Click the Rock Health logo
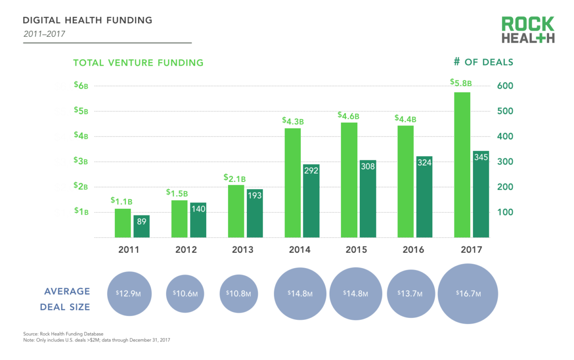pyautogui.click(x=528, y=30)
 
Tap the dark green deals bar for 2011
pyautogui.click(x=142, y=226)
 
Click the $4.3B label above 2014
pyautogui.click(x=293, y=121)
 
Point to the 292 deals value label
pyautogui.click(x=311, y=171)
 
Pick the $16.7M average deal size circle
pyautogui.click(x=468, y=293)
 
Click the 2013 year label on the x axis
pyautogui.click(x=243, y=249)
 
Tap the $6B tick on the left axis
pyautogui.click(x=81, y=86)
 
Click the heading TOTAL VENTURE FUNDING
pyautogui.click(x=138, y=63)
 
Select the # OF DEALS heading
pyautogui.click(x=483, y=62)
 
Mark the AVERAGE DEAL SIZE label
pyautogui.click(x=67, y=299)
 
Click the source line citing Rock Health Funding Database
pyautogui.click(x=63, y=334)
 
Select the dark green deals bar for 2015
pyautogui.click(x=368, y=198)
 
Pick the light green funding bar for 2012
pyautogui.click(x=179, y=218)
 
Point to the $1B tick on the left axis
pyautogui.click(x=81, y=212)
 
